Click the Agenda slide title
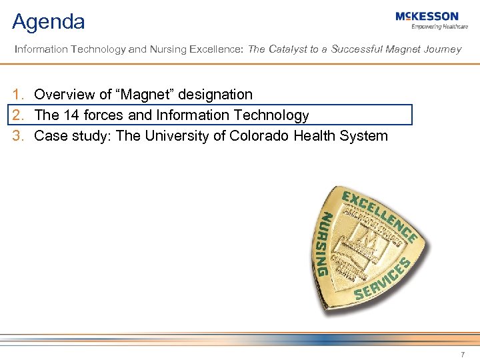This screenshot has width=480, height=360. pos(49,22)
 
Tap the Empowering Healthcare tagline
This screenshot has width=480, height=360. pos(439,27)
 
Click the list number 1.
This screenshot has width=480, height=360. pos(19,95)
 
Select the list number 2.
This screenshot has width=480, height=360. pos(19,115)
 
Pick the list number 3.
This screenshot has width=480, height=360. pos(19,136)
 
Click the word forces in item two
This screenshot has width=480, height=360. pos(105,115)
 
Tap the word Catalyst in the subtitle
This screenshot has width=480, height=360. pos(287,49)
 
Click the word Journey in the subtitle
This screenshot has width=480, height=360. pos(442,49)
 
